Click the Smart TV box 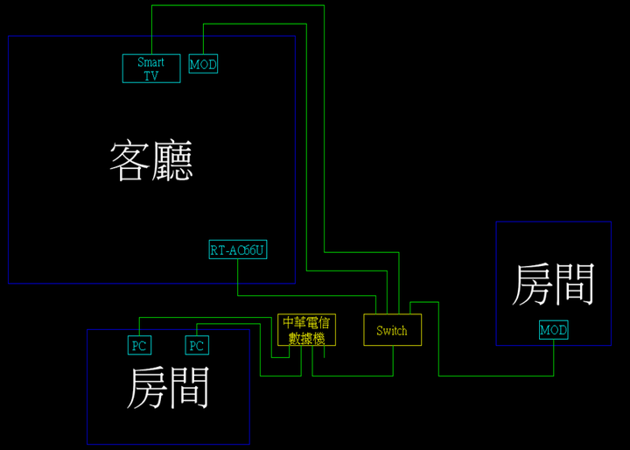tap(151, 68)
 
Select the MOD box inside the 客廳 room tap(203, 65)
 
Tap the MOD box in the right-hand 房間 tap(553, 330)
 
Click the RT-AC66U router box tap(237, 250)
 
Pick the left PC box tap(139, 345)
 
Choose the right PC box tap(197, 345)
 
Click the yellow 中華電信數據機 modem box tap(306, 330)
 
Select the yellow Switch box tap(392, 330)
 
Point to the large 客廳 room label tap(150, 160)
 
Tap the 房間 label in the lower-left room tap(170, 387)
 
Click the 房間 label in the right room tap(553, 284)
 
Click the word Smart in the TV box tap(151, 62)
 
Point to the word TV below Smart tap(151, 75)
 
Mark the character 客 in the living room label tap(129, 160)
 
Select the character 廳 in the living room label tap(171, 160)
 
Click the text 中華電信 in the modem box tap(306, 322)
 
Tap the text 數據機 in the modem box tap(306, 338)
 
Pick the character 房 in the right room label tap(532, 284)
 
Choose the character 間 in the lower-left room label tap(191, 387)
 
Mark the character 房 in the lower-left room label tap(149, 387)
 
